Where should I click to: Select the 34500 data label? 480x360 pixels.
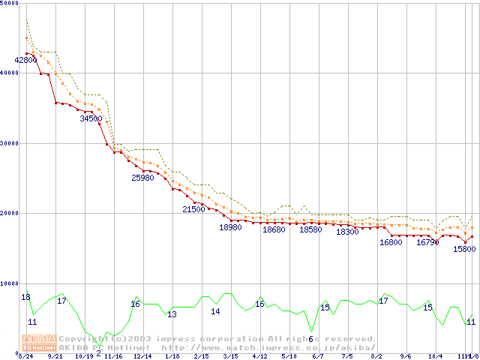tap(91, 118)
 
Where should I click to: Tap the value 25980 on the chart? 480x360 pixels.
tap(142, 178)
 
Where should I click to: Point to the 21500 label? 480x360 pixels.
tap(193, 209)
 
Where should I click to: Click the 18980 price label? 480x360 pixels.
tap(230, 226)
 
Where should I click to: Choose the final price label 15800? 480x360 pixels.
tap(464, 249)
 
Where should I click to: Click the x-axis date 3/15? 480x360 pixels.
tap(230, 356)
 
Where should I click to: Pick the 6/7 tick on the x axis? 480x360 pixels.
tap(318, 356)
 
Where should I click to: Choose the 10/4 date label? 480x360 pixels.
tap(436, 356)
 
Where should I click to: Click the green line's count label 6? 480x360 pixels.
tap(310, 339)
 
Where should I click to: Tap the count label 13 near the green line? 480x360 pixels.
tap(172, 313)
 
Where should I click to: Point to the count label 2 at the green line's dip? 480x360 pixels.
tap(98, 352)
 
